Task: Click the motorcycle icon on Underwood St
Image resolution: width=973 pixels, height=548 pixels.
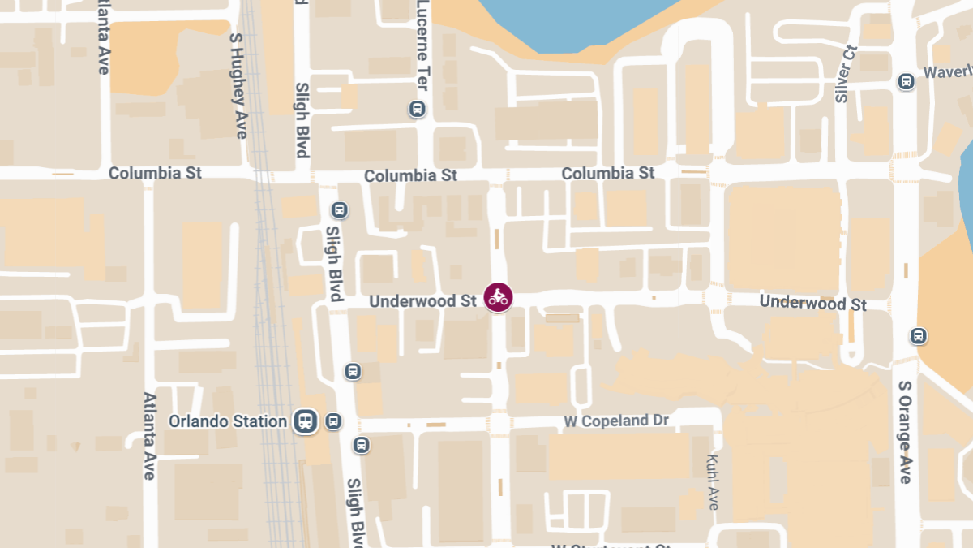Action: tap(498, 297)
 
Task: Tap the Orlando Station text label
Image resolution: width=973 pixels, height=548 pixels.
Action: tap(228, 421)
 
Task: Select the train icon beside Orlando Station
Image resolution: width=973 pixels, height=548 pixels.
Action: tap(306, 421)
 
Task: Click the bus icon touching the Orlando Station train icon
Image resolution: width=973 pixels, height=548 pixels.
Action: tap(332, 421)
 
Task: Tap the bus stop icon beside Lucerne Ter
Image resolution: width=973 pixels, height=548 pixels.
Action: tap(417, 109)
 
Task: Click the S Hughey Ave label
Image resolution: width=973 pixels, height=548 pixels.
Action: tap(238, 85)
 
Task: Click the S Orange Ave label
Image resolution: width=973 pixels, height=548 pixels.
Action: tap(905, 432)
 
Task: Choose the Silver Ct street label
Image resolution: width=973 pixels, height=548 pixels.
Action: tap(845, 74)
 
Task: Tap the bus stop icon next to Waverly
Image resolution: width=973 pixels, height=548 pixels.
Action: tap(906, 81)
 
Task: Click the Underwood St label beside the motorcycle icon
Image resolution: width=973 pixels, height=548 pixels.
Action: tap(422, 301)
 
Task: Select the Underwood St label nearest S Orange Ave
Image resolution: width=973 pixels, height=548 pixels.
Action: tap(812, 303)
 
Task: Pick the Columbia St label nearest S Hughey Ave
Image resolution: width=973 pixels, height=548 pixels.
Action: tap(155, 173)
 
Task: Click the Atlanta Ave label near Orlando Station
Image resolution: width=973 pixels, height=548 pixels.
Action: tap(149, 436)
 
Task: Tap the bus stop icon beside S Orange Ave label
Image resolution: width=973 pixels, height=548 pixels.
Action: tap(918, 335)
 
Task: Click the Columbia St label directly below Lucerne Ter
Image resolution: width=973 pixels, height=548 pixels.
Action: tap(410, 175)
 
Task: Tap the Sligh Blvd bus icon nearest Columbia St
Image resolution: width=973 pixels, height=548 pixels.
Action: tap(340, 211)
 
